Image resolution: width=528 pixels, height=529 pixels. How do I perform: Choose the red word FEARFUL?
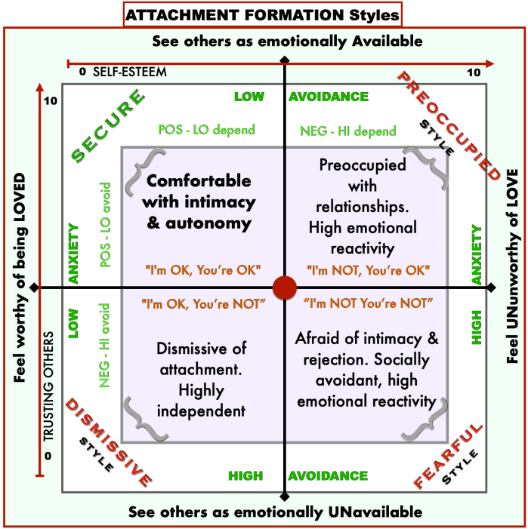(x=448, y=455)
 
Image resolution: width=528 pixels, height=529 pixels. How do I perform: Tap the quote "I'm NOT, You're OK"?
(x=369, y=269)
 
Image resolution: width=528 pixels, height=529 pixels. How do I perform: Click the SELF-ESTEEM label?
(x=129, y=72)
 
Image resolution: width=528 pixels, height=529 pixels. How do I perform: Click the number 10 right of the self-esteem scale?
(x=474, y=72)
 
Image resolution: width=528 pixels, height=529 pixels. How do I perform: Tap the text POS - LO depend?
(x=207, y=130)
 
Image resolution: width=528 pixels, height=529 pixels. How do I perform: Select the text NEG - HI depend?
(x=348, y=131)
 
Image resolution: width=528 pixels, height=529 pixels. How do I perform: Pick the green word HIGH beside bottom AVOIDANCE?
(x=245, y=476)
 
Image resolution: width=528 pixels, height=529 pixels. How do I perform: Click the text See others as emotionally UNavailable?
(x=275, y=512)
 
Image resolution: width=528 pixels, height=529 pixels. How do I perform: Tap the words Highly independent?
(x=202, y=401)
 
